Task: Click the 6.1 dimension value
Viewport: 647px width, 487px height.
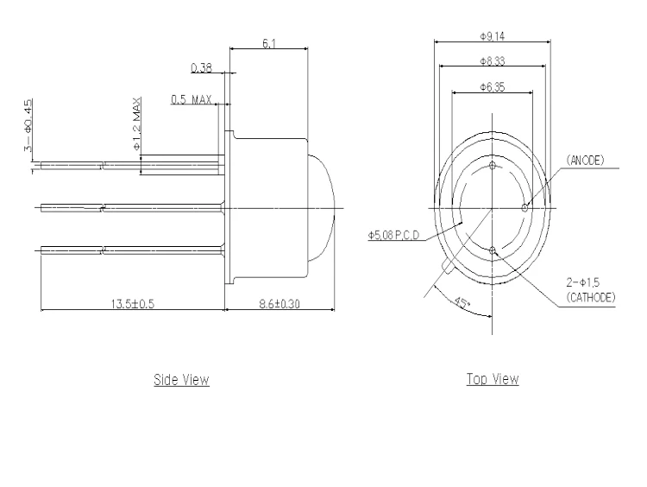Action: [x=269, y=43]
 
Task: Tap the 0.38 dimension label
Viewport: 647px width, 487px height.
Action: [x=201, y=67]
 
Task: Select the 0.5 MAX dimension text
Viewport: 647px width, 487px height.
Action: [x=192, y=99]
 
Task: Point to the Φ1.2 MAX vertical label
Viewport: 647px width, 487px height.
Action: [x=137, y=124]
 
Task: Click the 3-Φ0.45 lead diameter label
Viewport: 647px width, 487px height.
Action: [x=28, y=125]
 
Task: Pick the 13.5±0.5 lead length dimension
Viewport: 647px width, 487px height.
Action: [x=133, y=304]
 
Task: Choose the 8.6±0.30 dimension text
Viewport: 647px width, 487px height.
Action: [x=280, y=304]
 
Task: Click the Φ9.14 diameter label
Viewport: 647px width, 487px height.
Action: [x=492, y=36]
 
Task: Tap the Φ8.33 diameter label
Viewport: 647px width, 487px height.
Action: [x=492, y=61]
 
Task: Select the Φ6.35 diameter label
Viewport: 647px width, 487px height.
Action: [x=492, y=86]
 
